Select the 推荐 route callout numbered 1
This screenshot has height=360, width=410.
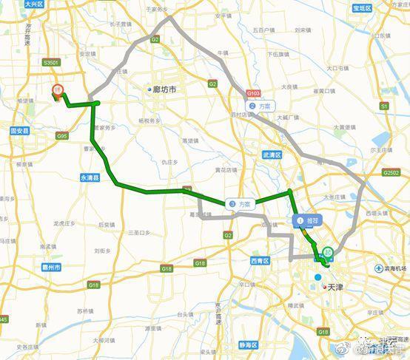306,220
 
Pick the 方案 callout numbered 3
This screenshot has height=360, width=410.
239,203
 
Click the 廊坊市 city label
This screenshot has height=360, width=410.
163,89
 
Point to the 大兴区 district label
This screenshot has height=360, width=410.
34,4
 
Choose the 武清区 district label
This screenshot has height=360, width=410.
272,154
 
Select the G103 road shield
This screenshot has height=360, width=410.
253,94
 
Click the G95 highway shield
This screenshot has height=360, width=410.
61,136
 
